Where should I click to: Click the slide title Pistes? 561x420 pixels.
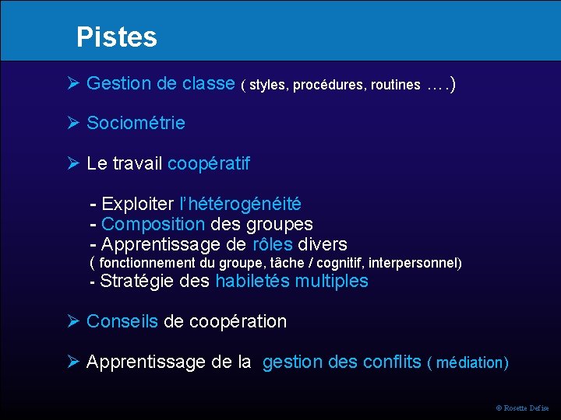[117, 37]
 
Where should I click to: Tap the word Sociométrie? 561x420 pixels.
[136, 123]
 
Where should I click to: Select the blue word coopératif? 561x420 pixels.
[209, 164]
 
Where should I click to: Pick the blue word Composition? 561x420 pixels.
[153, 225]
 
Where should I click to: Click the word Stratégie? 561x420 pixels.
[137, 281]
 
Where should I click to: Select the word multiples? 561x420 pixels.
[331, 281]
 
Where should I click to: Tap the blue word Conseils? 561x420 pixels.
[122, 321]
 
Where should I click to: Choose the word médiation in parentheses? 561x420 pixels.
[471, 363]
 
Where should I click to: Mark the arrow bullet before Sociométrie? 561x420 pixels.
[73, 123]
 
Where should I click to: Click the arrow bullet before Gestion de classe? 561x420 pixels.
[73, 83]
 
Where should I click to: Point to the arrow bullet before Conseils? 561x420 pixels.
[73, 321]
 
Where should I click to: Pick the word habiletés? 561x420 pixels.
[252, 281]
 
